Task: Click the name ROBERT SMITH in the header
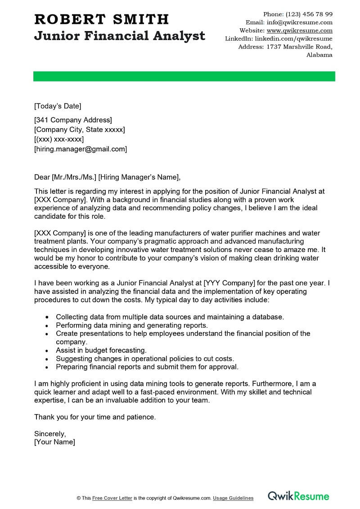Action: coord(101,19)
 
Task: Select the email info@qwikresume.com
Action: coord(299,22)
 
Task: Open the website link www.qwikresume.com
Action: coord(299,31)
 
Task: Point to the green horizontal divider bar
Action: coord(184,77)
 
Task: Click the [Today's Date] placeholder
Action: coord(58,106)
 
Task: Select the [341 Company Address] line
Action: coord(73,120)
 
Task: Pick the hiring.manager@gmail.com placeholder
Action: coord(81,149)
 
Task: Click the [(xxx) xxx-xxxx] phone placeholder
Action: coord(59,140)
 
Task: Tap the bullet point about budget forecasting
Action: coord(101,350)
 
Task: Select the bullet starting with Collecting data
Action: coord(170,317)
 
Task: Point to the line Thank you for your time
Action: coord(95,417)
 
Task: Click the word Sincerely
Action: coord(50,434)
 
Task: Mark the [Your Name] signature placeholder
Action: coord(54,442)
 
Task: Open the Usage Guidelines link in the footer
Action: coord(233,498)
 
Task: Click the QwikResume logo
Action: coord(298,496)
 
